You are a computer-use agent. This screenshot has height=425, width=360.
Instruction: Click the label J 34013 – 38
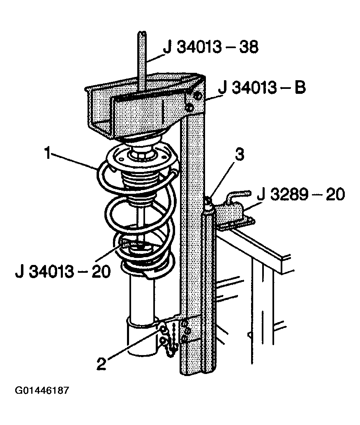(210, 47)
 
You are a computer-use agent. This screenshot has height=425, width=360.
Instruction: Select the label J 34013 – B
(262, 88)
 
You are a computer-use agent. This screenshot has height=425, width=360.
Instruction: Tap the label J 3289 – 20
(301, 194)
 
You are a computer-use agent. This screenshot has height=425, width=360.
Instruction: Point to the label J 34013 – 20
(63, 271)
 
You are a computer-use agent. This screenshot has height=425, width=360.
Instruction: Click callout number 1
(48, 153)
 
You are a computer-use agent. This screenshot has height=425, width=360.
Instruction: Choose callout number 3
(240, 154)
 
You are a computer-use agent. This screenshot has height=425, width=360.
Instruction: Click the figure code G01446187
(42, 390)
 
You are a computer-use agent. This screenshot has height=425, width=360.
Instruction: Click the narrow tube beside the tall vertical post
(209, 287)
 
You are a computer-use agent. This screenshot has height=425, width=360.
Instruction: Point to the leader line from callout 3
(223, 180)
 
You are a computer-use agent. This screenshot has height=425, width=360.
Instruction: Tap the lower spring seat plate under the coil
(148, 268)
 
